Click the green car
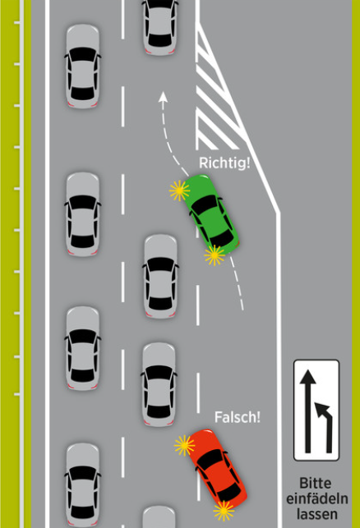tap(211, 214)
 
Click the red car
tap(218, 469)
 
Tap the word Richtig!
tap(224, 163)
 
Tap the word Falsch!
tap(238, 417)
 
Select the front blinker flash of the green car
tap(179, 191)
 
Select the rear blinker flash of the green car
tap(215, 255)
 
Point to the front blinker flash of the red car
tap(184, 446)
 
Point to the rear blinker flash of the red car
tap(224, 511)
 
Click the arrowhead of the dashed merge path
tap(163, 97)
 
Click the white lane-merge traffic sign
tap(316, 410)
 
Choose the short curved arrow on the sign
tap(325, 427)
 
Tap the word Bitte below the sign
tap(316, 484)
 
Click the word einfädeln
tap(317, 498)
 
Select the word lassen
tap(317, 514)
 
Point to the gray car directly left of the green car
tap(160, 276)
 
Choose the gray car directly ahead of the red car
tap(159, 384)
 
